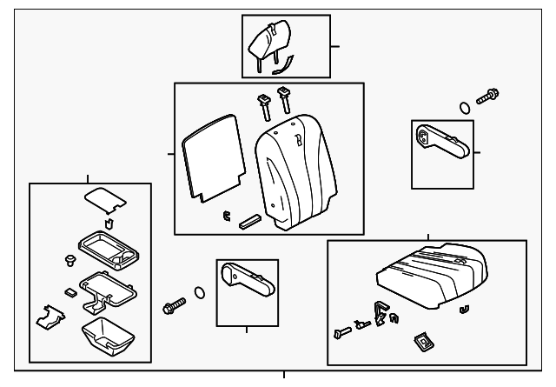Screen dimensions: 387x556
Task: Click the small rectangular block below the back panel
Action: pyautogui.click(x=249, y=221)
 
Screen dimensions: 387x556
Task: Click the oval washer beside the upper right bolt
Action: pyautogui.click(x=465, y=109)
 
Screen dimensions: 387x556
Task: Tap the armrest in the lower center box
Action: pyautogui.click(x=247, y=284)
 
